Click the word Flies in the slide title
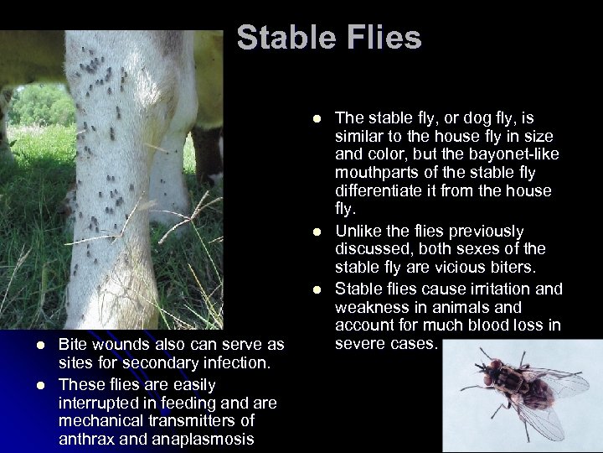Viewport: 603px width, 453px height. click(382, 38)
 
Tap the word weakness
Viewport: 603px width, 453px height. click(371, 307)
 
